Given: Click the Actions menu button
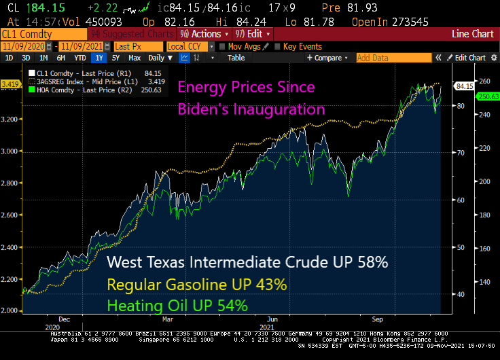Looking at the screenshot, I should (x=204, y=34).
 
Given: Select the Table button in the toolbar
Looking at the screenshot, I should (x=236, y=58).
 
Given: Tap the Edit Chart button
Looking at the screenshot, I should (x=469, y=58).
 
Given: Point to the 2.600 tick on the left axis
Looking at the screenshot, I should (x=12, y=215).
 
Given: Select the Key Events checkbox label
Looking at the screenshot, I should (x=302, y=46).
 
